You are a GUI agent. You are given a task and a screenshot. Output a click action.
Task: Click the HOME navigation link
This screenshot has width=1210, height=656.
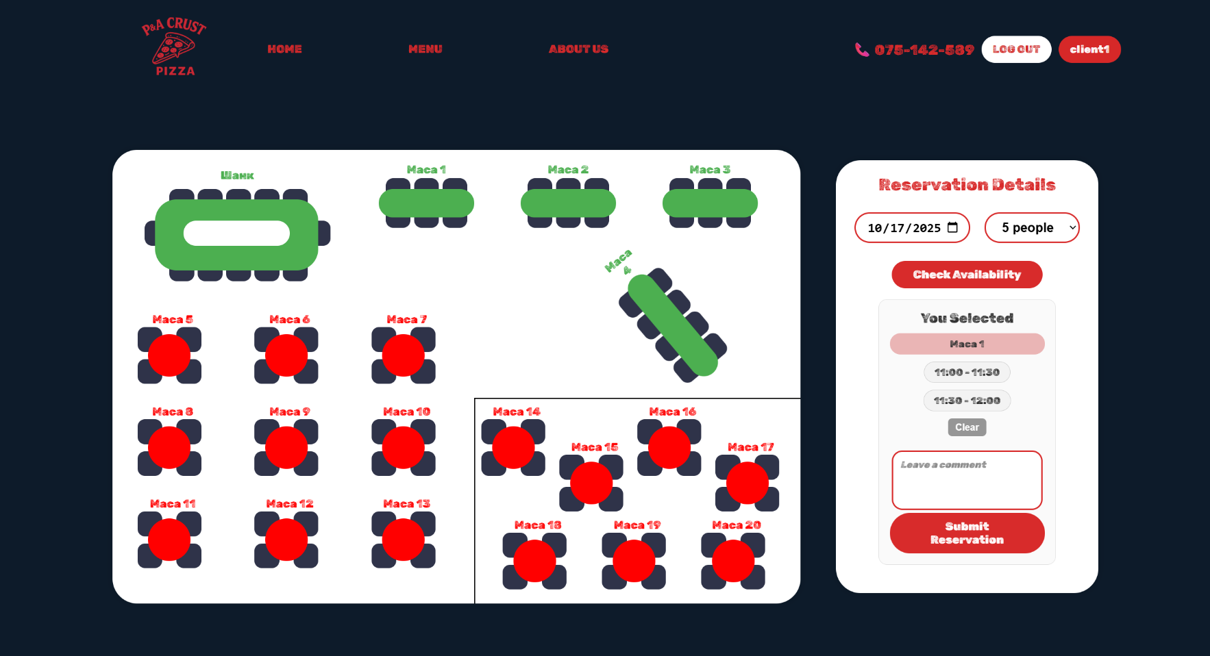(x=284, y=49)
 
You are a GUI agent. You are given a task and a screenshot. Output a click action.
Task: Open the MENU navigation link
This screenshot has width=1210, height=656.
(x=425, y=49)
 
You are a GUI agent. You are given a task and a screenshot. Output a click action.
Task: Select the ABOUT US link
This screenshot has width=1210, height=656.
(x=578, y=49)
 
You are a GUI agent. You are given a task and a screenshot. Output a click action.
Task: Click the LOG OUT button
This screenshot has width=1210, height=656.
(x=1016, y=49)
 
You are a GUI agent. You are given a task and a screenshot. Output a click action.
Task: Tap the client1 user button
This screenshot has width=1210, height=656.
(x=1089, y=49)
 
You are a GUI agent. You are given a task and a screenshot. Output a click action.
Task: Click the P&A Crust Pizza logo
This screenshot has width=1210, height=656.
(x=174, y=47)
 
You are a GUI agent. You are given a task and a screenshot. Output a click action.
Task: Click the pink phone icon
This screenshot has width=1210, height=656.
(x=862, y=49)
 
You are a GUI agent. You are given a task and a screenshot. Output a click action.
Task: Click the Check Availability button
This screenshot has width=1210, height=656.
(x=967, y=275)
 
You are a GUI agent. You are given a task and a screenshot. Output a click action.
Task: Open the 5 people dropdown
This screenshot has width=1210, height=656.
(x=1032, y=227)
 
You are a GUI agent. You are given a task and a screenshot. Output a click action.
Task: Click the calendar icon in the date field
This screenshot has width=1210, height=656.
(x=952, y=227)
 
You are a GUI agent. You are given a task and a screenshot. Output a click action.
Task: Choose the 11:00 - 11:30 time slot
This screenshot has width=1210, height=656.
(x=967, y=373)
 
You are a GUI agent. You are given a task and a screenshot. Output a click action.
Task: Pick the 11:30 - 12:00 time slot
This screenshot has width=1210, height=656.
(x=967, y=401)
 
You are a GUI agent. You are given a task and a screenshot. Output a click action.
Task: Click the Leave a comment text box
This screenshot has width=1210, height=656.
(x=967, y=480)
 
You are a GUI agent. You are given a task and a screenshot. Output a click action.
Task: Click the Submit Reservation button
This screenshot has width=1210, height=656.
(x=967, y=533)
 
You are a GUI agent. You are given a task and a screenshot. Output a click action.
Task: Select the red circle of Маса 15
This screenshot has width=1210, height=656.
(x=591, y=483)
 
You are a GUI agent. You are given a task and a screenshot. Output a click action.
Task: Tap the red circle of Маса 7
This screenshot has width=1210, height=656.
(x=404, y=355)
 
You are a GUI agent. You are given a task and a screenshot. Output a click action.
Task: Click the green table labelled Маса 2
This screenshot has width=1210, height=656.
(x=568, y=203)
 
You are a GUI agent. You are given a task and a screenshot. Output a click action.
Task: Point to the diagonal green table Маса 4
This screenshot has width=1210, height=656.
(x=673, y=325)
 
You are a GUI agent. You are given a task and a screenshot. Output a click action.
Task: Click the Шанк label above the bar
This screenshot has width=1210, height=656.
(x=237, y=175)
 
